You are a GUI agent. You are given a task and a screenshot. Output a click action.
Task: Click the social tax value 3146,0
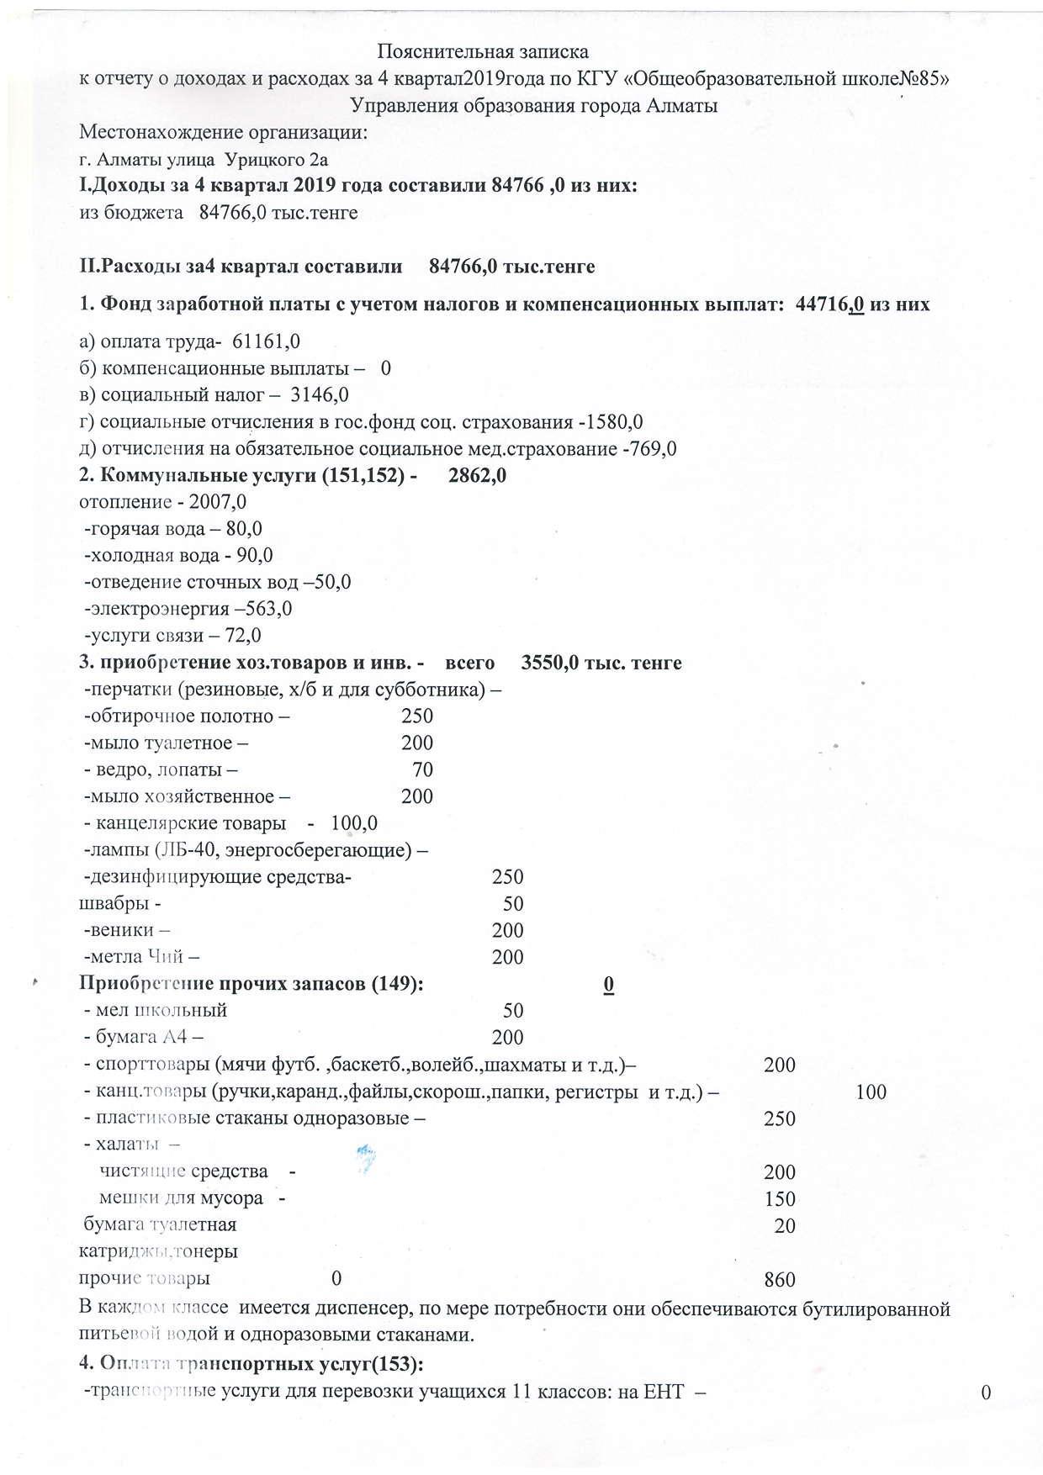click(x=320, y=395)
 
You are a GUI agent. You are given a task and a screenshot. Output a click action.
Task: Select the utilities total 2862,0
click(x=477, y=476)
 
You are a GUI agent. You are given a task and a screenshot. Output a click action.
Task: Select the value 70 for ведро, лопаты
click(x=422, y=770)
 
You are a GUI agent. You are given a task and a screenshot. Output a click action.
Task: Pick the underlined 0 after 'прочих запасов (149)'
click(x=609, y=985)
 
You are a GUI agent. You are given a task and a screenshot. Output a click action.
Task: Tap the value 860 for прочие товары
click(x=780, y=1280)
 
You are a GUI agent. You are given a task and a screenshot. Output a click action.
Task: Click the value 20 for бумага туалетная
click(x=785, y=1226)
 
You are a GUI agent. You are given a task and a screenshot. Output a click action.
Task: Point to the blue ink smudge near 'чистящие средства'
click(x=364, y=1159)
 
